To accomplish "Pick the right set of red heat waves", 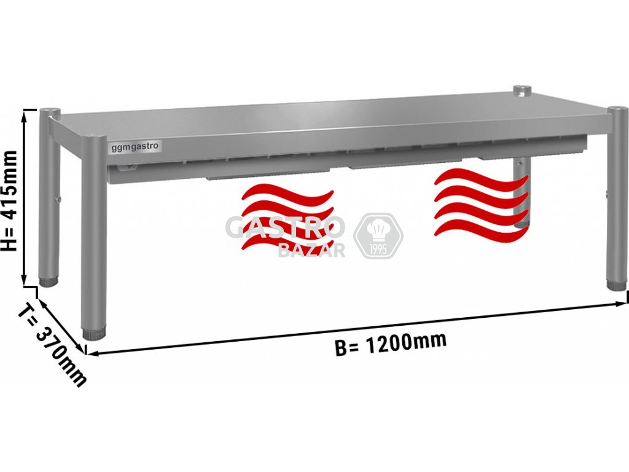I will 481,203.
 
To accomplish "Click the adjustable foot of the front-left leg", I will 93,334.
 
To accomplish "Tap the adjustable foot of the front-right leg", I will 615,285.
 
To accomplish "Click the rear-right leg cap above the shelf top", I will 522,91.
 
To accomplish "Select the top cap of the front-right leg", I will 617,111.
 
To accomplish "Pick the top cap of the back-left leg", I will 50,111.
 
